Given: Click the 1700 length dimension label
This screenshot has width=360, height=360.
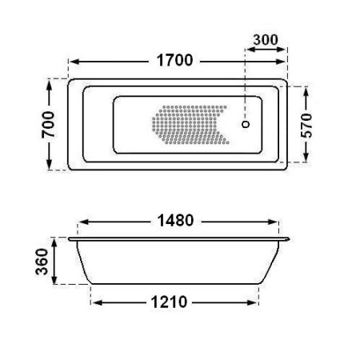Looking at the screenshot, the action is (x=174, y=60).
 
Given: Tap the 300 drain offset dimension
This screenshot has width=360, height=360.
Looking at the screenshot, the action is (x=266, y=40).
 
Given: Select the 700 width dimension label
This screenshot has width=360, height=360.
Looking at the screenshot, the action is (x=49, y=125).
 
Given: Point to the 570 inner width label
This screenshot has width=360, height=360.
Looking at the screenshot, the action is (x=306, y=126).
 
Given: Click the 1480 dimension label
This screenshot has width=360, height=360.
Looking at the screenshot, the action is (x=175, y=221).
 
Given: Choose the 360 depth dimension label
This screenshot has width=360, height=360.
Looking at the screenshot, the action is (x=42, y=262).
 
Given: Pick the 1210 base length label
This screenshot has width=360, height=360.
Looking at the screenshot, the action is (x=169, y=302).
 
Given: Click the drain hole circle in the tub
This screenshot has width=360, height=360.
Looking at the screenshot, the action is (x=246, y=124).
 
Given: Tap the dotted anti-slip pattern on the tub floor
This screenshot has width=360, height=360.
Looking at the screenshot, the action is (x=190, y=125).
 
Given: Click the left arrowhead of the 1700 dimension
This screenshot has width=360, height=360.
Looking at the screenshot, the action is (x=74, y=62).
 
